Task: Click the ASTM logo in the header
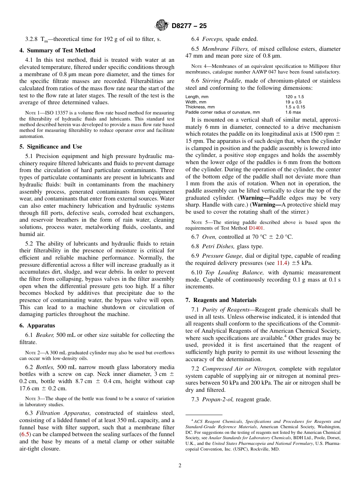point(162,26)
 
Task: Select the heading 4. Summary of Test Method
point(57,50)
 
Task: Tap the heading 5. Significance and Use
point(51,147)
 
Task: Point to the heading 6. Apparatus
point(37,326)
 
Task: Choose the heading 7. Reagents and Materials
point(221,300)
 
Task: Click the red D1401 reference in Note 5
point(255,228)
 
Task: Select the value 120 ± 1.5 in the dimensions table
point(294,97)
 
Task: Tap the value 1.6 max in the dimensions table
point(293,112)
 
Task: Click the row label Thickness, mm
point(200,107)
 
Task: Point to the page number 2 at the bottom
point(180,466)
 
